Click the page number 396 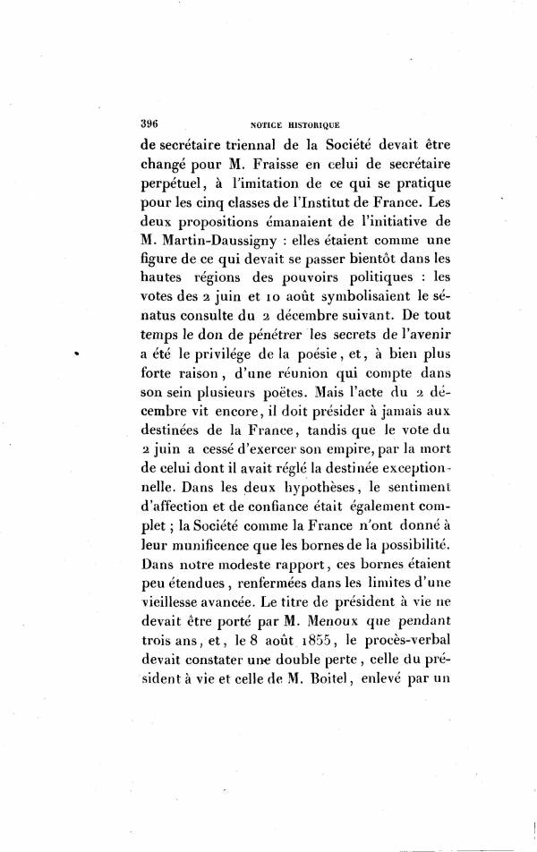point(149,124)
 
